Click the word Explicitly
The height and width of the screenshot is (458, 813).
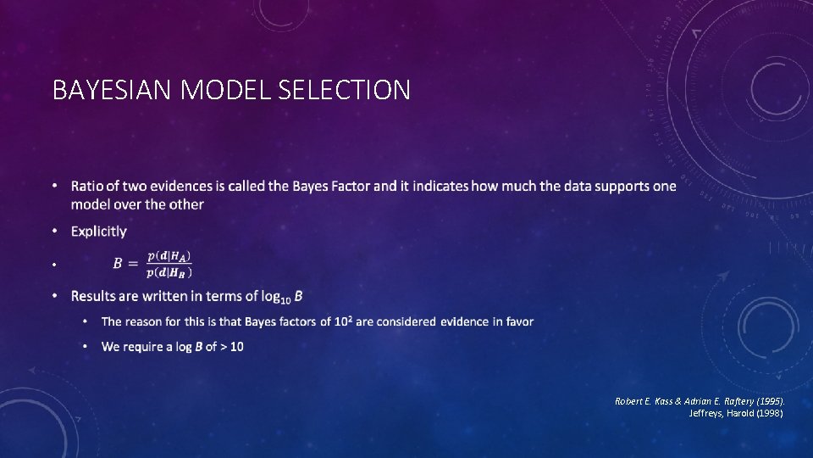pyautogui.click(x=99, y=231)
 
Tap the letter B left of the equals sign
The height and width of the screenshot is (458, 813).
pyautogui.click(x=119, y=264)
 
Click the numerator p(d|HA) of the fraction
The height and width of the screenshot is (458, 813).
pyautogui.click(x=169, y=255)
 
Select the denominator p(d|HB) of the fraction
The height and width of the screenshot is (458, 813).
pyautogui.click(x=169, y=272)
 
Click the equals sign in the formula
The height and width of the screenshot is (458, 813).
pyautogui.click(x=134, y=264)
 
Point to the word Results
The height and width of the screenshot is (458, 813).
pyautogui.click(x=95, y=296)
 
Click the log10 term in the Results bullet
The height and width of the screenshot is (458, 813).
pyautogui.click(x=274, y=297)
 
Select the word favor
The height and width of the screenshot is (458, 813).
pyautogui.click(x=516, y=321)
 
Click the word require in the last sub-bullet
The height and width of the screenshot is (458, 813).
pyautogui.click(x=146, y=346)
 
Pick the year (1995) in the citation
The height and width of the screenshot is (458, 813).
pyautogui.click(x=767, y=399)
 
